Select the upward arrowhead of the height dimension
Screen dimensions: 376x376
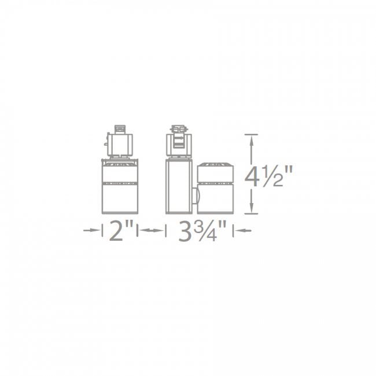tap(251, 138)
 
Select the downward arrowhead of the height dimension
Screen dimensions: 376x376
tap(251, 211)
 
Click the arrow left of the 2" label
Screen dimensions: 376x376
tap(93, 231)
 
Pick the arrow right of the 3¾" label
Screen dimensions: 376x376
tap(242, 231)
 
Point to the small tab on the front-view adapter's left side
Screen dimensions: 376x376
tap(107, 141)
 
